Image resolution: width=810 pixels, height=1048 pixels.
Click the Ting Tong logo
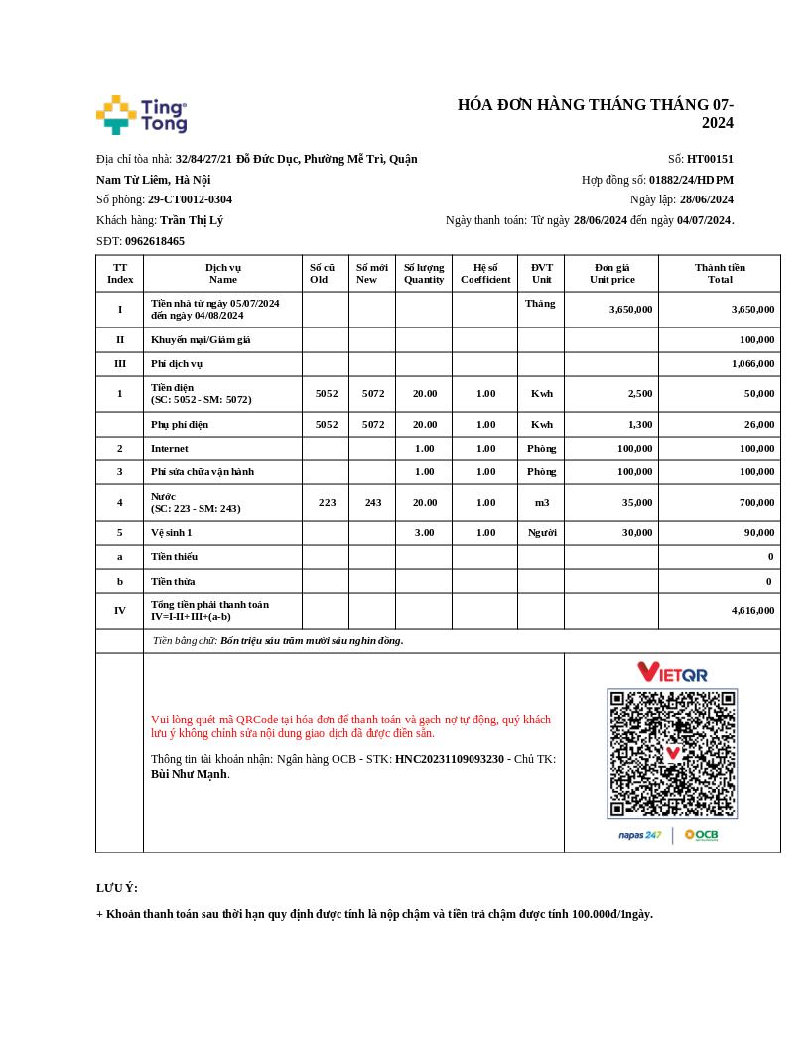pos(141,115)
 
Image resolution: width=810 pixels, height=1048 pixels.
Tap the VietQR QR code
pos(672,752)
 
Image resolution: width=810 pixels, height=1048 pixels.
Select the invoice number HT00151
pos(710,159)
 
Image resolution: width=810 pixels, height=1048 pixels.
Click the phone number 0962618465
pos(155,241)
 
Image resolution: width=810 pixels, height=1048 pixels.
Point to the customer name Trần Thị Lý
pos(192,220)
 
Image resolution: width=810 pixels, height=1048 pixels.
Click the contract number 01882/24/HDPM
pos(691,180)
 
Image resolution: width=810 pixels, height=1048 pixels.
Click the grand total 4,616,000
pos(752,611)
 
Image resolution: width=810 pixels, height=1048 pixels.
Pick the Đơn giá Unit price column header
pos(611,273)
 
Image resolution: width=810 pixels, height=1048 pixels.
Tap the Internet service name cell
pos(170,449)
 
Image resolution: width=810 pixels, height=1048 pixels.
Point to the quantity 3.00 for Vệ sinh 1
pos(424,532)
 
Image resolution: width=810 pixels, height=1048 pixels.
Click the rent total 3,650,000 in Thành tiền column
pos(752,309)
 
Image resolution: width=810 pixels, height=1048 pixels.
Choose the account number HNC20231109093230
pos(450,759)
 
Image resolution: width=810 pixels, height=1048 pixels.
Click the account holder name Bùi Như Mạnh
pos(189,774)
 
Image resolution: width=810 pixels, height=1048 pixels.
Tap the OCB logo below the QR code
pos(702,835)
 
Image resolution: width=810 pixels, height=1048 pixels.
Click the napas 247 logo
pos(639,835)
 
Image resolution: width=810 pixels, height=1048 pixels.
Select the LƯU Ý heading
pos(117,888)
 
